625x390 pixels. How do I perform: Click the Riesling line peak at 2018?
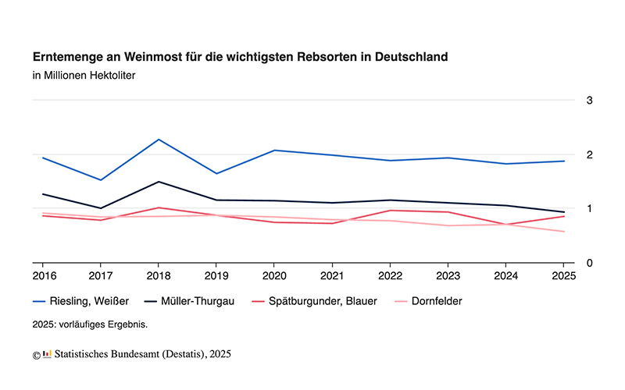[159, 140]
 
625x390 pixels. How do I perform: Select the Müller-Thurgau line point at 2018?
[159, 182]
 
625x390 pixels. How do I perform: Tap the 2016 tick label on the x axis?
[44, 276]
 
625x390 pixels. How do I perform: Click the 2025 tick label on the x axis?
[563, 276]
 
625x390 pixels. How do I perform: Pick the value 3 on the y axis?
[590, 100]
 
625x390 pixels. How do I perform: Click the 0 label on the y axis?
[590, 263]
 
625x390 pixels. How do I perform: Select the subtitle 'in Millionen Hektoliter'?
[84, 76]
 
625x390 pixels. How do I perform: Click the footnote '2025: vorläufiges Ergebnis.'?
[90, 323]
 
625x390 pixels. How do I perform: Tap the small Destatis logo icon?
[47, 354]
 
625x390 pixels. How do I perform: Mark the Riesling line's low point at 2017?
[101, 180]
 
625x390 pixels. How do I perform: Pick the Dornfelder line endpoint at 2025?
[564, 232]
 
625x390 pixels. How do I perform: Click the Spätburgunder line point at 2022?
[391, 211]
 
